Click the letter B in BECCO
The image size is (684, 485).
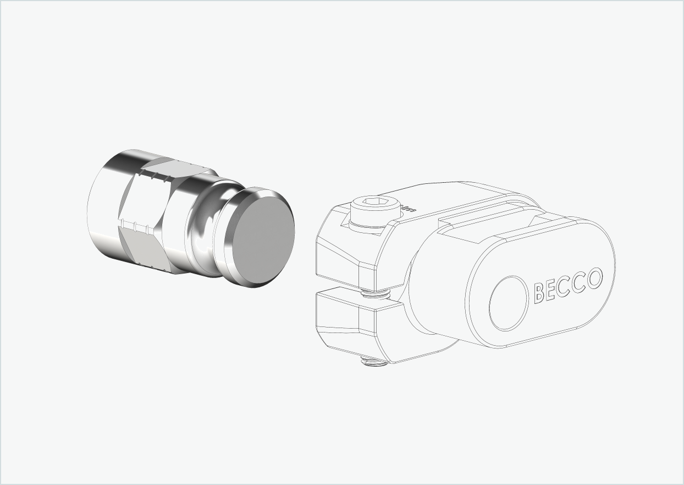(x=539, y=292)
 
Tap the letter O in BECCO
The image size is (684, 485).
(x=594, y=279)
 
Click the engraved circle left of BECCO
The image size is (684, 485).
(x=509, y=303)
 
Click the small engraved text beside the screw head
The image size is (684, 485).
(x=408, y=209)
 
